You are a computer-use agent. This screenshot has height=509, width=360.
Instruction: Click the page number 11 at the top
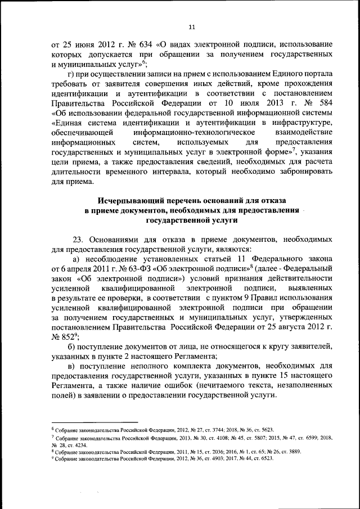pyautogui.click(x=191, y=26)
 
